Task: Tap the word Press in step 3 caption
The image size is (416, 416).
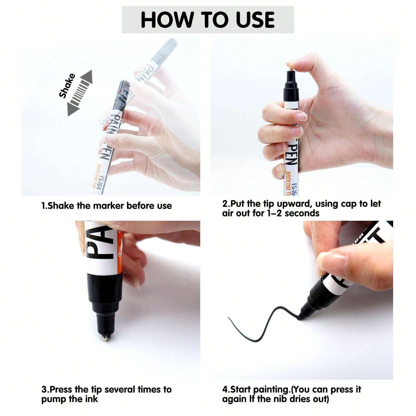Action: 61,390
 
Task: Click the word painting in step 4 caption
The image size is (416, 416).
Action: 271,390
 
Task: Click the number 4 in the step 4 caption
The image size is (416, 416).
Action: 225,390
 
